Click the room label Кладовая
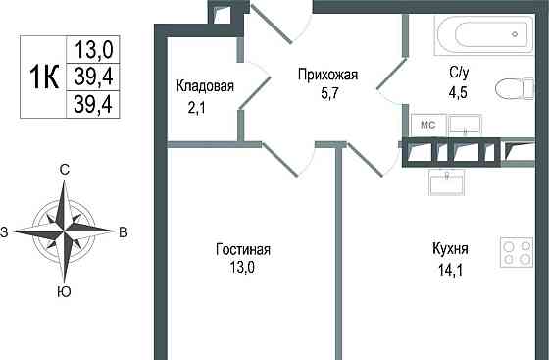[205, 86]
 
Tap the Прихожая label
[328, 74]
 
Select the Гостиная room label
[243, 250]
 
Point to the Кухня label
[450, 248]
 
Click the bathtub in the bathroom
[480, 36]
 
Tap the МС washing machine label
[428, 125]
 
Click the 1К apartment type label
[44, 73]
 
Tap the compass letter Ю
[64, 292]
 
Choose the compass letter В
[123, 232]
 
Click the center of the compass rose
[64, 231]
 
